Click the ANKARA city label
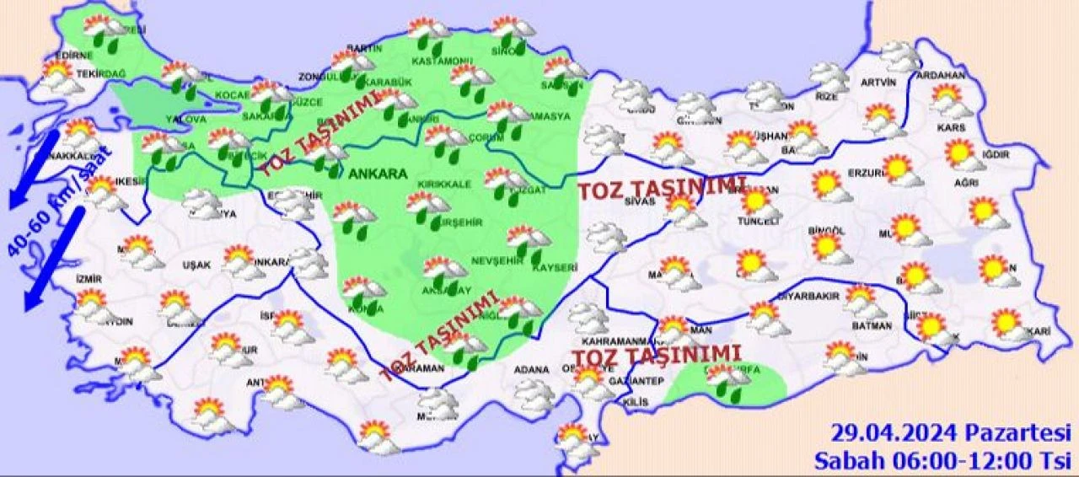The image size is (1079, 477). (x=378, y=174)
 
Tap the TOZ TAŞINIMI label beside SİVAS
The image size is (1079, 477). (x=661, y=187)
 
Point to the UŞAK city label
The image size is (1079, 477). (x=196, y=265)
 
